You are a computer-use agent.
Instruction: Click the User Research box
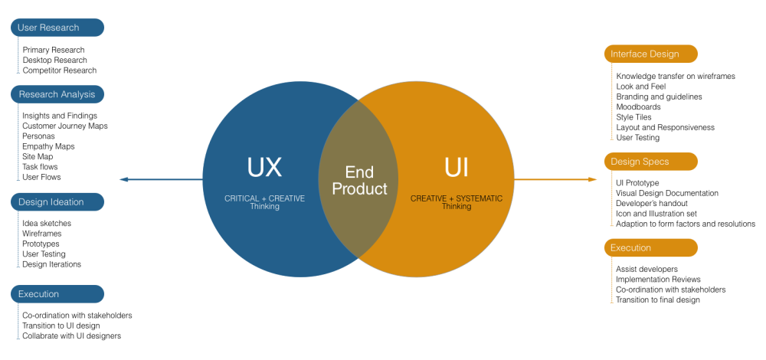tap(57, 28)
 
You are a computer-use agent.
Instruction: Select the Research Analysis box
tap(57, 94)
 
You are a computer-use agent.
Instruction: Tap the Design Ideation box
tap(57, 202)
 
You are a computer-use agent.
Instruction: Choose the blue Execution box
tap(57, 294)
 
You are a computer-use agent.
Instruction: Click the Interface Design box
tap(650, 54)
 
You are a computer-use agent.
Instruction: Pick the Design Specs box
tap(650, 162)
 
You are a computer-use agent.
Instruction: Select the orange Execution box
tap(650, 248)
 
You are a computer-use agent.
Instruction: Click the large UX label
tap(264, 168)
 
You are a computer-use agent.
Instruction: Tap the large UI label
tap(457, 168)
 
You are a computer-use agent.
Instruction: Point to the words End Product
tap(359, 180)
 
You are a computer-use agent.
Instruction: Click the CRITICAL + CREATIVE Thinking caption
tap(264, 202)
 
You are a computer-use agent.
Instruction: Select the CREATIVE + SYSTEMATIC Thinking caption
tap(457, 202)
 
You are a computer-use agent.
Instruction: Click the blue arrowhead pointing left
tap(123, 180)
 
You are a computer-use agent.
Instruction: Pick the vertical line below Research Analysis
tap(18, 142)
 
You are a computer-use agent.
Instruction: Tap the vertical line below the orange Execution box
tap(611, 280)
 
